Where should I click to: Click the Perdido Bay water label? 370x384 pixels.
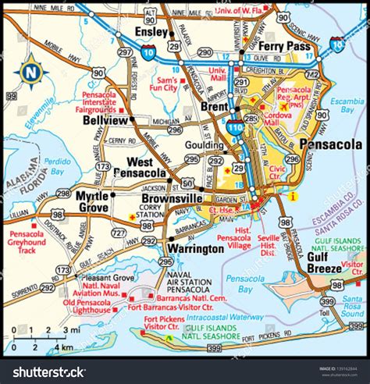57,169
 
